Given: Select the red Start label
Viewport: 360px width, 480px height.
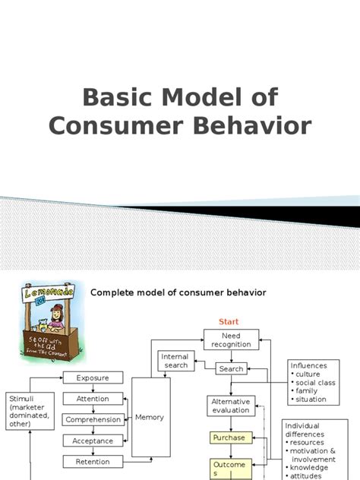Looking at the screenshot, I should pos(229,322).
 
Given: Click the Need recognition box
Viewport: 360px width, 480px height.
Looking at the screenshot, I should pos(231,339).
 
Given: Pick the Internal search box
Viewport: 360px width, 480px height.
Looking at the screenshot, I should pos(175,361).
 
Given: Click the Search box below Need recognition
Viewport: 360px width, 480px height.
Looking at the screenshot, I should pos(231,369).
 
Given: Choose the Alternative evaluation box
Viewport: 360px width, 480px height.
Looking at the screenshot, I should pos(230,406).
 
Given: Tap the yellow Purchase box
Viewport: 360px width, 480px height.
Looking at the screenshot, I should pos(229,437).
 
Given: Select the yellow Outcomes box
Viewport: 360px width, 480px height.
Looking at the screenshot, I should pos(229,469).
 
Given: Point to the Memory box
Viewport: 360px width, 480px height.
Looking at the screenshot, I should pos(150,417).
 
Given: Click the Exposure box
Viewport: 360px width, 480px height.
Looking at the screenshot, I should pos(93,377).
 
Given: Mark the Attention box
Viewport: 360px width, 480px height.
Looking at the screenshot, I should pos(93,399).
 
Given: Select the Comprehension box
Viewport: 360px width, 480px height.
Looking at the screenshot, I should pos(93,419).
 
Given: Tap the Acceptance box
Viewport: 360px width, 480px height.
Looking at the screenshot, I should pos(93,441).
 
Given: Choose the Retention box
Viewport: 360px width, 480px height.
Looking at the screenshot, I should pos(93,461).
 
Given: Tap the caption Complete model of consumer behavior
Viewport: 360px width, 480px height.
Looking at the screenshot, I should pos(178,292).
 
